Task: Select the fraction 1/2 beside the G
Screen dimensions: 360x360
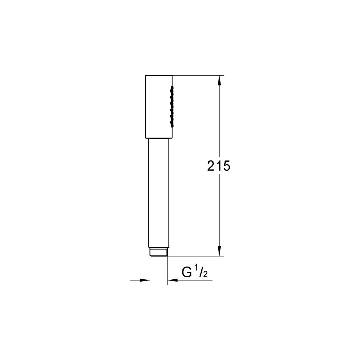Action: pos(200,272)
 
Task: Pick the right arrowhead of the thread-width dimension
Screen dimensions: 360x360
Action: pos(172,280)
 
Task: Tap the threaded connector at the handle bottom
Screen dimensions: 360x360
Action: pos(158,253)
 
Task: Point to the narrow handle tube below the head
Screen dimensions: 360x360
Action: pos(158,193)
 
